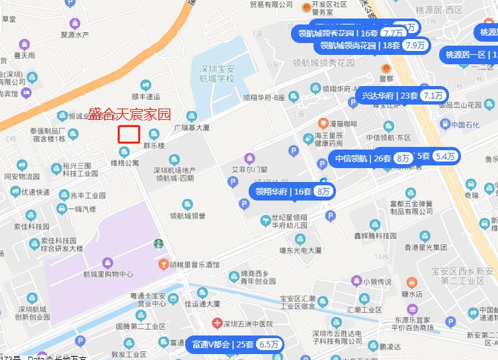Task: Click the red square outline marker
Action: (129, 134)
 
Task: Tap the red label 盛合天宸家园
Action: (130, 114)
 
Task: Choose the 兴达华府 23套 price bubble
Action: (403, 95)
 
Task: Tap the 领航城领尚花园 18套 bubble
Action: (373, 46)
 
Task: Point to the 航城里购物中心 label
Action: (108, 274)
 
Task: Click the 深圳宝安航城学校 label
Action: (218, 73)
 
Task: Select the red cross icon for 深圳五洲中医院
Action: (217, 324)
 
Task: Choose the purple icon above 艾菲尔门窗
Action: (249, 157)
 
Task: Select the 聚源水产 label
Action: (93, 34)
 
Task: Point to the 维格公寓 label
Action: (125, 162)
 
